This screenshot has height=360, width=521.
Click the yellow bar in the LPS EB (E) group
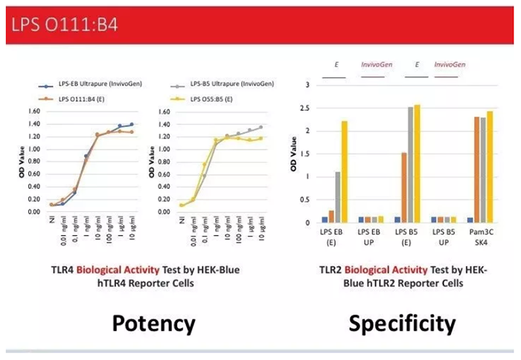pyautogui.click(x=344, y=172)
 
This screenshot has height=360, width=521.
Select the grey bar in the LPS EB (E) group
pyautogui.click(x=337, y=197)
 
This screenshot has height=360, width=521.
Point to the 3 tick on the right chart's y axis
pyautogui.click(x=306, y=85)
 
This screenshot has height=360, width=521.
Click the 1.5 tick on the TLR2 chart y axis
pyautogui.click(x=304, y=154)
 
